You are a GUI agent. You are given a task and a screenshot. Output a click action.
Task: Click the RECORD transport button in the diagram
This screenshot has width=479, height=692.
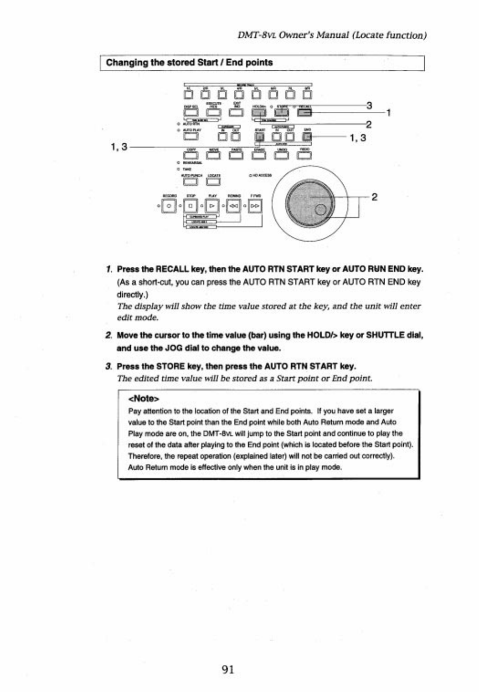click(168, 206)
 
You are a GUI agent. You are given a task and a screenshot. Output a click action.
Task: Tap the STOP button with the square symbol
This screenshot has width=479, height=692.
click(191, 206)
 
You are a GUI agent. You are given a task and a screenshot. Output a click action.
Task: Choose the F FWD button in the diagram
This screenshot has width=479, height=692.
click(255, 206)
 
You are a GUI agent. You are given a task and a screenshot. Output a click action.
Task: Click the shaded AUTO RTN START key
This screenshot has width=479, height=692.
click(260, 136)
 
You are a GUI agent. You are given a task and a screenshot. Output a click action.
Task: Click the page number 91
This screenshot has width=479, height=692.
click(228, 669)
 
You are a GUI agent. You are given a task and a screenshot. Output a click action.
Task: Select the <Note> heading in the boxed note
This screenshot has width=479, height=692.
click(144, 398)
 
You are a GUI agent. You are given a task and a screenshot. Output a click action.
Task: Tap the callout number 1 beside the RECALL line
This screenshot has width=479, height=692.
click(388, 113)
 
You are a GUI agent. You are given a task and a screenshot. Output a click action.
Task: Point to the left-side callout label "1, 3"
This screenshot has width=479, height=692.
click(118, 147)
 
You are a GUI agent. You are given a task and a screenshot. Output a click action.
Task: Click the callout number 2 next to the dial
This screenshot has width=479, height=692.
click(374, 197)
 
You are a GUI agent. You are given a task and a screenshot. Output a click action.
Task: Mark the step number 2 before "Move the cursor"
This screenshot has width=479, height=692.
click(108, 335)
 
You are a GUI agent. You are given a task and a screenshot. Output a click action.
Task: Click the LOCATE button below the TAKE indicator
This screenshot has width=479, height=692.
click(213, 182)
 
